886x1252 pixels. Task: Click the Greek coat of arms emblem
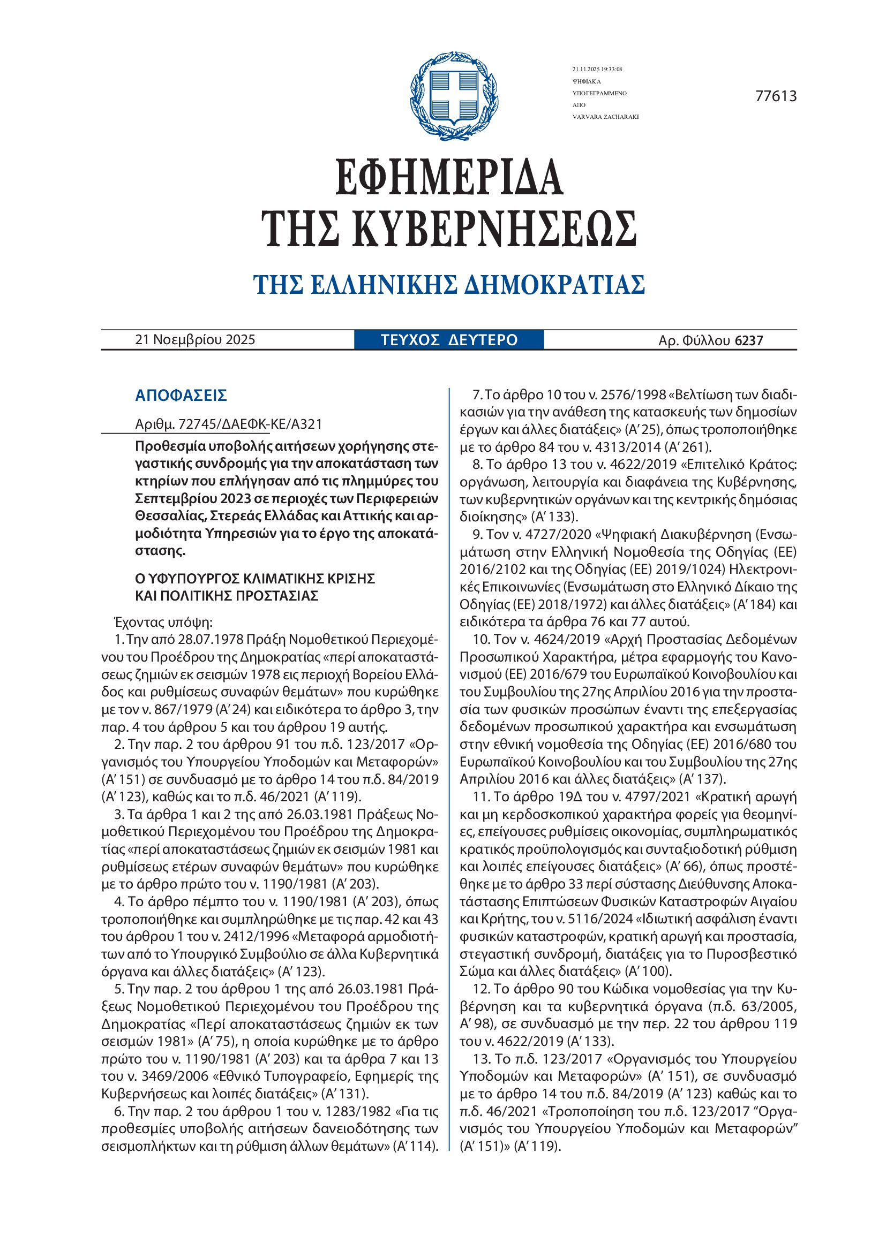[x=453, y=96]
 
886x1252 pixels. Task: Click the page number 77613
[x=776, y=96]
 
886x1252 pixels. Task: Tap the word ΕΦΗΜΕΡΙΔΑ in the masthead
[x=448, y=178]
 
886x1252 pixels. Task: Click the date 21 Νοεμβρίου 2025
[x=195, y=340]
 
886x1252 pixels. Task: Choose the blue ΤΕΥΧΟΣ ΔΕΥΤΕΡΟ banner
[x=448, y=340]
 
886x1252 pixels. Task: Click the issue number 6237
[x=748, y=341]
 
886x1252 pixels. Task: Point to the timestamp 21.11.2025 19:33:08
[x=597, y=69]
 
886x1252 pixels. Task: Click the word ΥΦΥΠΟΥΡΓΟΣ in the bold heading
[x=193, y=578]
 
